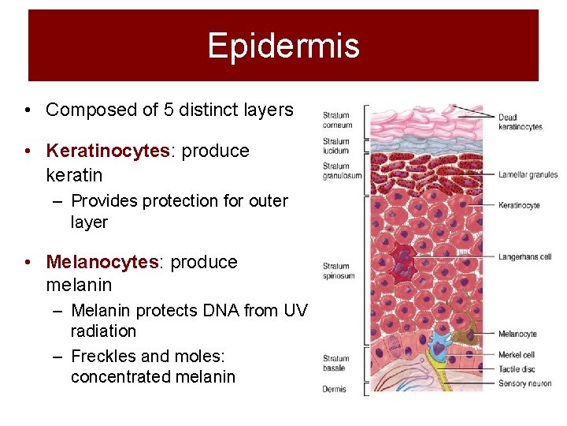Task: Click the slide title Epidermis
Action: coord(283,46)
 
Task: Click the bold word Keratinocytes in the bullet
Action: coord(107,151)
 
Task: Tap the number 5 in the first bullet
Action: coord(169,110)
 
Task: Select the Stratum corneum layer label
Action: coord(337,121)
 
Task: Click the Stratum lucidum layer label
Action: coord(336,146)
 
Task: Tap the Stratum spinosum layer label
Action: coord(339,271)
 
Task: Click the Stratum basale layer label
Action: coord(336,364)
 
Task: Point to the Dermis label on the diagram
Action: coord(334,389)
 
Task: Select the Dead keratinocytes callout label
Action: coord(520,122)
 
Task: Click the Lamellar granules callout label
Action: coord(528,175)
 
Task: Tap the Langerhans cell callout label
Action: coord(524,256)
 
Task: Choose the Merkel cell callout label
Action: coord(516,355)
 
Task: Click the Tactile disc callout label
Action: coord(516,369)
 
